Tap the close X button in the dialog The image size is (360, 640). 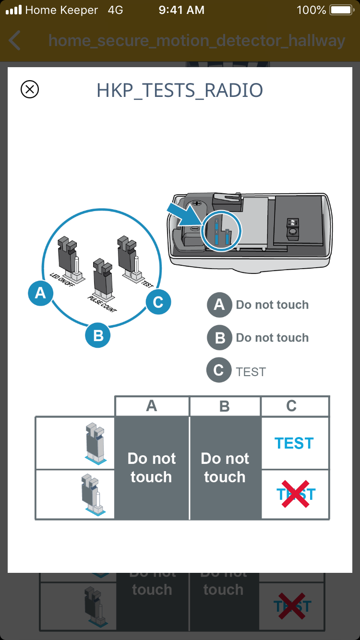point(30,89)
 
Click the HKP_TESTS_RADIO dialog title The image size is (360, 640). point(180,91)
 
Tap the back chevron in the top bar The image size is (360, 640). point(15,41)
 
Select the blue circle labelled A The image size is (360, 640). point(40,293)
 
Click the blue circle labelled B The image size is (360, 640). point(98,335)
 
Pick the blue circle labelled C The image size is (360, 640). point(158,302)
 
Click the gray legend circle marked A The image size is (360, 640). point(219,305)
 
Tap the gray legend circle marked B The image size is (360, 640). point(219,338)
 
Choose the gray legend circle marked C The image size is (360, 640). point(218,371)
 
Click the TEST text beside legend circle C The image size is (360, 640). point(251,372)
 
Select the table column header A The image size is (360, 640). point(152,406)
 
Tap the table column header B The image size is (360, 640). point(225,406)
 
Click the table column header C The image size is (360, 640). point(291,406)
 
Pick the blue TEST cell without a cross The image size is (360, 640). point(294,443)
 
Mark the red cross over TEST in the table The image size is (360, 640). point(295,494)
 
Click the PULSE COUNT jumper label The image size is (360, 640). point(102,304)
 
